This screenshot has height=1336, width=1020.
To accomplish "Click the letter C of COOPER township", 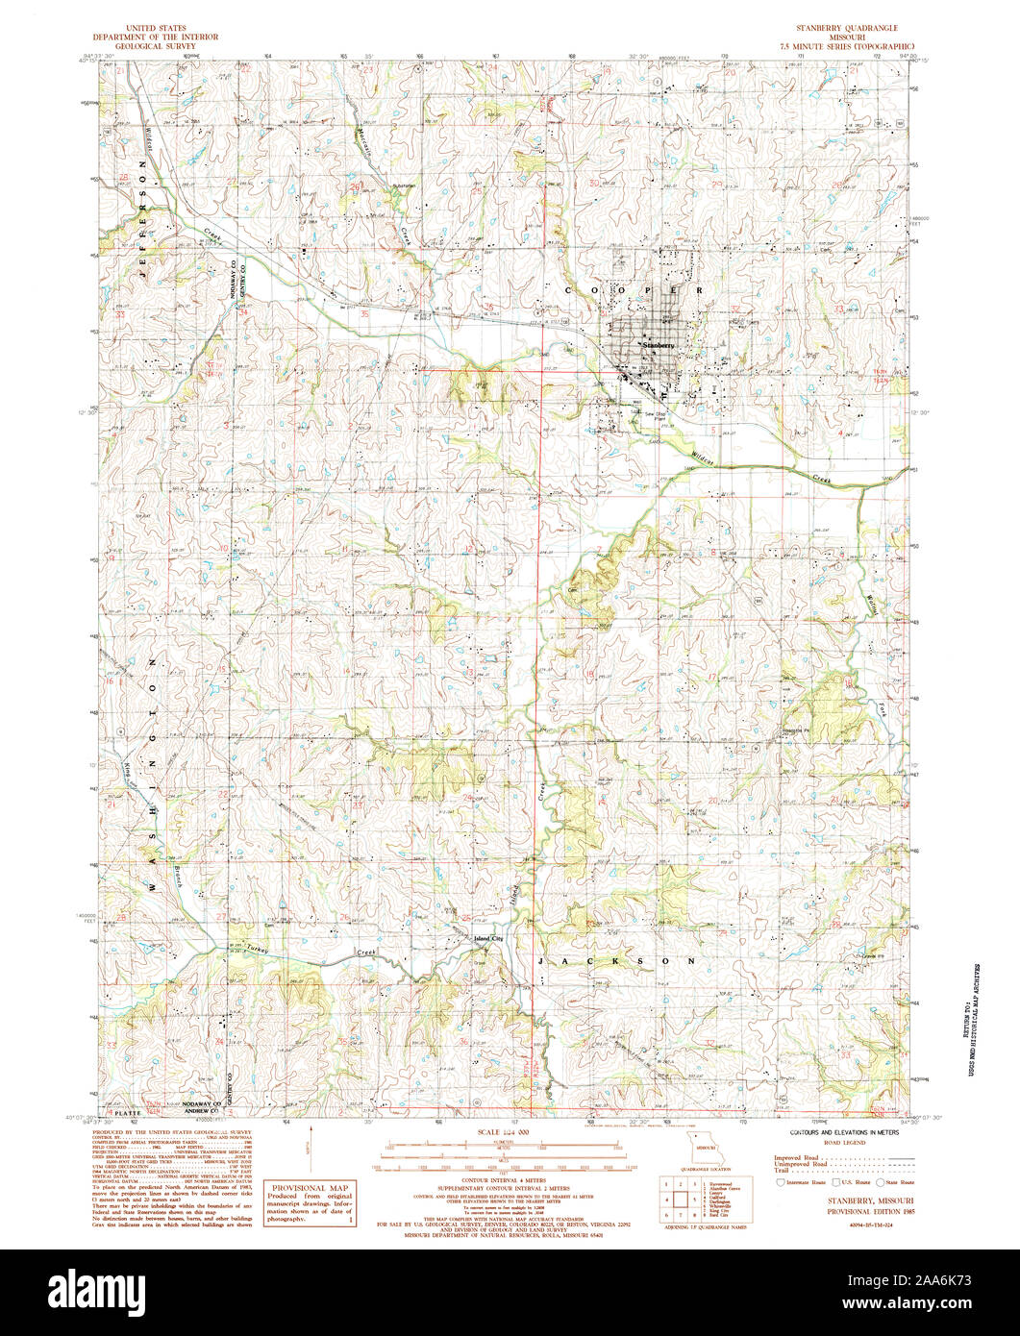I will tap(569, 288).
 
